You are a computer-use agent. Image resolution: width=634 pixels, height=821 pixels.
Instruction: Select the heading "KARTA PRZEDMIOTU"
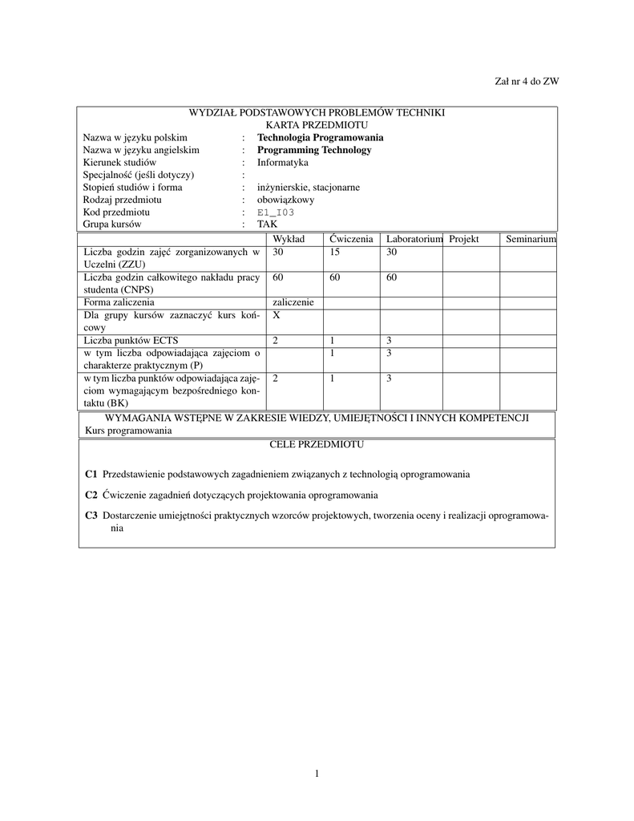pyautogui.click(x=317, y=125)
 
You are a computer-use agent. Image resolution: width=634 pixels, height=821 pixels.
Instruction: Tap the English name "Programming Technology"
pyautogui.click(x=314, y=150)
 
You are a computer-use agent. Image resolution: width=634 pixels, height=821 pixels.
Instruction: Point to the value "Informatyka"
pyautogui.click(x=282, y=163)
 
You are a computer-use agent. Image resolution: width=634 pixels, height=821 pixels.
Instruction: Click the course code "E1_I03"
pyautogui.click(x=276, y=212)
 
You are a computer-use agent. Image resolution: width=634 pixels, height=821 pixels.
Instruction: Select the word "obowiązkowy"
pyautogui.click(x=285, y=200)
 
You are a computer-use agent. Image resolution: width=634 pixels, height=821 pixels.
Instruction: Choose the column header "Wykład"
pyautogui.click(x=289, y=240)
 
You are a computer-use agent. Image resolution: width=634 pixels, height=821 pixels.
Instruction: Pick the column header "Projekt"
pyautogui.click(x=463, y=240)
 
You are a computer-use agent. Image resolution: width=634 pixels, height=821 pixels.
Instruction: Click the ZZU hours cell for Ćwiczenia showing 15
pyautogui.click(x=334, y=252)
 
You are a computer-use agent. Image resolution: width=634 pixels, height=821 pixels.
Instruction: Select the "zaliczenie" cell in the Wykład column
pyautogui.click(x=293, y=302)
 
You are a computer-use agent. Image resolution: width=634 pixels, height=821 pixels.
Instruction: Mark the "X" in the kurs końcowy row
pyautogui.click(x=276, y=315)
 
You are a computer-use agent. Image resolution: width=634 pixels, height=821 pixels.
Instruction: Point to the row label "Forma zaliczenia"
pyautogui.click(x=119, y=302)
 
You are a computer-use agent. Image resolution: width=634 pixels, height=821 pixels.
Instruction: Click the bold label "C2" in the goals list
pyautogui.click(x=91, y=495)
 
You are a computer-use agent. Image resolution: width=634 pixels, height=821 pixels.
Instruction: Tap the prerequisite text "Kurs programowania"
pyautogui.click(x=128, y=431)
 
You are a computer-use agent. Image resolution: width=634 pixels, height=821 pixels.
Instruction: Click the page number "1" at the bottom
pyautogui.click(x=317, y=774)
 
